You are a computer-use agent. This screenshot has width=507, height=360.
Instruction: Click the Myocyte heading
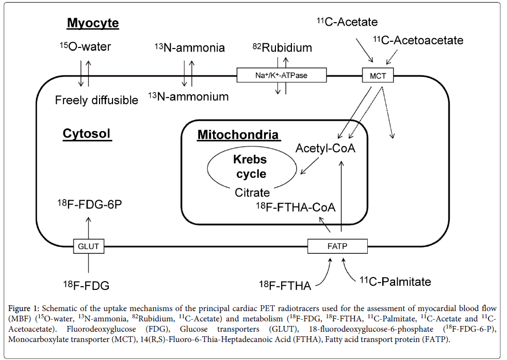point(93,23)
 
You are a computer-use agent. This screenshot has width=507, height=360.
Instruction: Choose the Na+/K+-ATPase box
point(282,76)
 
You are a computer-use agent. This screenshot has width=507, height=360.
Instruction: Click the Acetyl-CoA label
point(325,149)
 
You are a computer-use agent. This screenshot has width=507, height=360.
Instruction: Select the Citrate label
point(252,193)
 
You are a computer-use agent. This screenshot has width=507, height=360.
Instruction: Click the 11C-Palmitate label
point(395,282)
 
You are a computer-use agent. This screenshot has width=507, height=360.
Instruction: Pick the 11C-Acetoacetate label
point(418,40)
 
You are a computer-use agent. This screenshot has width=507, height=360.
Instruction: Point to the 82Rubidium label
point(282,48)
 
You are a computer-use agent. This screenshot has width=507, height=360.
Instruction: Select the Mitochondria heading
point(238,136)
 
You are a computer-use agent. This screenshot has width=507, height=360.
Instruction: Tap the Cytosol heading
point(87,134)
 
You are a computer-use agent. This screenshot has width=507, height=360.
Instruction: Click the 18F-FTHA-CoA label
point(296,207)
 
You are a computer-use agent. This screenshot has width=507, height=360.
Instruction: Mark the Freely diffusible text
point(96,100)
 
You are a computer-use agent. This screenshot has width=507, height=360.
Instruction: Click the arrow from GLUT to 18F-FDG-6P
point(88,227)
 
